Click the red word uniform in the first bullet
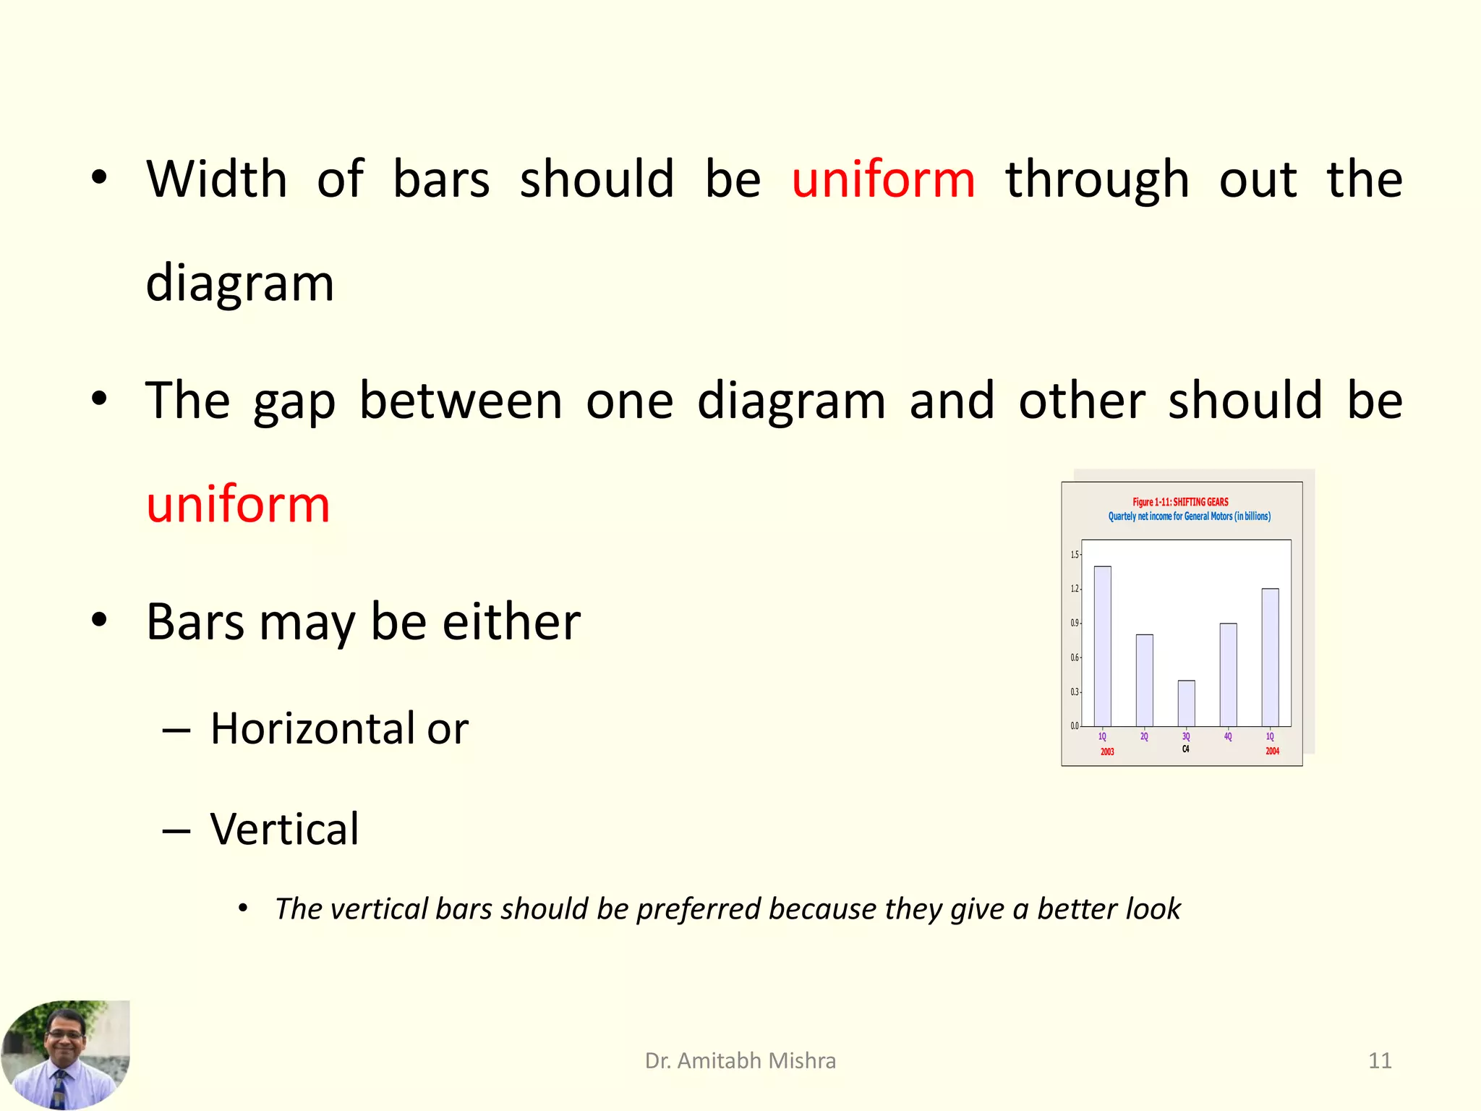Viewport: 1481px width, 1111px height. pos(883,179)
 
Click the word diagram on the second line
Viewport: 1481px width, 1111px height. pos(239,284)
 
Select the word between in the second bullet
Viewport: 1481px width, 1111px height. pos(460,401)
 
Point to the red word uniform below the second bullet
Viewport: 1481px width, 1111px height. pos(238,504)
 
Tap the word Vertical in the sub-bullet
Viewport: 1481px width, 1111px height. pos(284,829)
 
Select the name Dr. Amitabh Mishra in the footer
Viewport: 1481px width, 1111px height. pos(740,1060)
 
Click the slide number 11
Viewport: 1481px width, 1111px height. pos(1380,1060)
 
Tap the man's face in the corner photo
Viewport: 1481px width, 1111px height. pos(65,1035)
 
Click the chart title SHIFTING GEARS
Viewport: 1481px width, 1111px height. pos(1200,502)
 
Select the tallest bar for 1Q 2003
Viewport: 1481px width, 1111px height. pos(1102,646)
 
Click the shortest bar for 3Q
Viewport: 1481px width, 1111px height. pos(1186,702)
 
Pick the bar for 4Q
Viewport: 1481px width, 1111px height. pos(1228,674)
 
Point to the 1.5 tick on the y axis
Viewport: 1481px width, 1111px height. pos(1074,555)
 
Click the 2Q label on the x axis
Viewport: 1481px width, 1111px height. pos(1144,736)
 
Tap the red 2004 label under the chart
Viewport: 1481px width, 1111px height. pos(1272,752)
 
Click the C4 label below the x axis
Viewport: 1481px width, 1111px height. pos(1185,749)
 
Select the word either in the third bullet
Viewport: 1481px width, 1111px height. pos(511,622)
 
